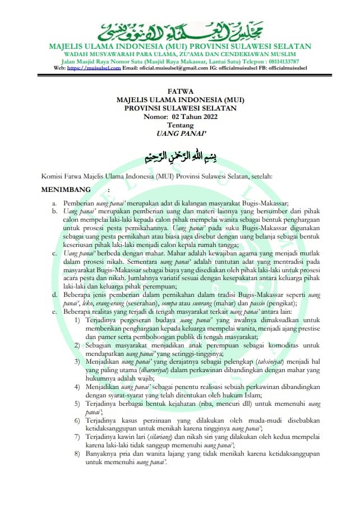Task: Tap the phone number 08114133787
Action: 278,61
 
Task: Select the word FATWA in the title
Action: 180,91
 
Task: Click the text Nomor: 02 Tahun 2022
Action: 180,117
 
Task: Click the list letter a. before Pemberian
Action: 54,203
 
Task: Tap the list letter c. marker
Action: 54,254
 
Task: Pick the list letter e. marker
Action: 54,311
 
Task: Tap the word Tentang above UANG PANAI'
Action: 180,125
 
